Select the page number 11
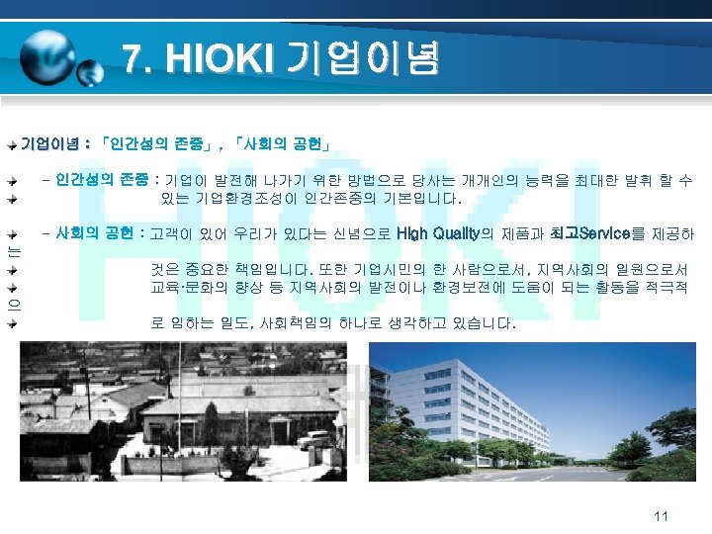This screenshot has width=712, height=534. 662,516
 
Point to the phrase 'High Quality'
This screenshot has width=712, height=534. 436,234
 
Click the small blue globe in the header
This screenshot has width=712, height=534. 90,71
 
